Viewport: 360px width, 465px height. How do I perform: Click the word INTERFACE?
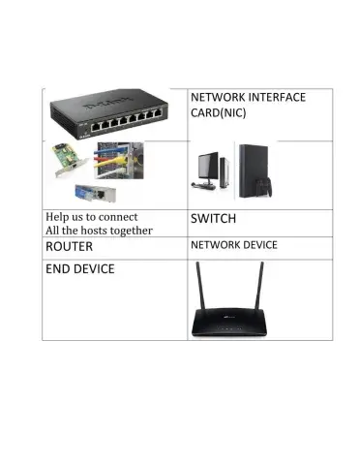(x=276, y=98)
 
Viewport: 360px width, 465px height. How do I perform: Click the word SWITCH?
(x=214, y=219)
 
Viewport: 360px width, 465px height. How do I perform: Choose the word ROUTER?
(x=69, y=247)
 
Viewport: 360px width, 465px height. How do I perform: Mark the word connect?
(x=117, y=216)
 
